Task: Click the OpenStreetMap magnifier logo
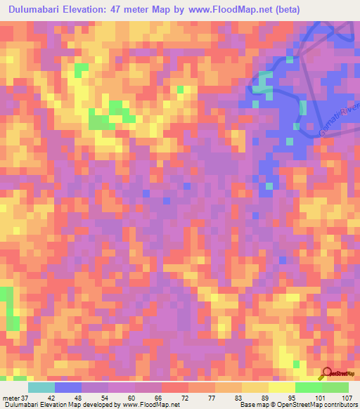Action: point(328,372)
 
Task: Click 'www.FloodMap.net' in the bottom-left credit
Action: point(149,404)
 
